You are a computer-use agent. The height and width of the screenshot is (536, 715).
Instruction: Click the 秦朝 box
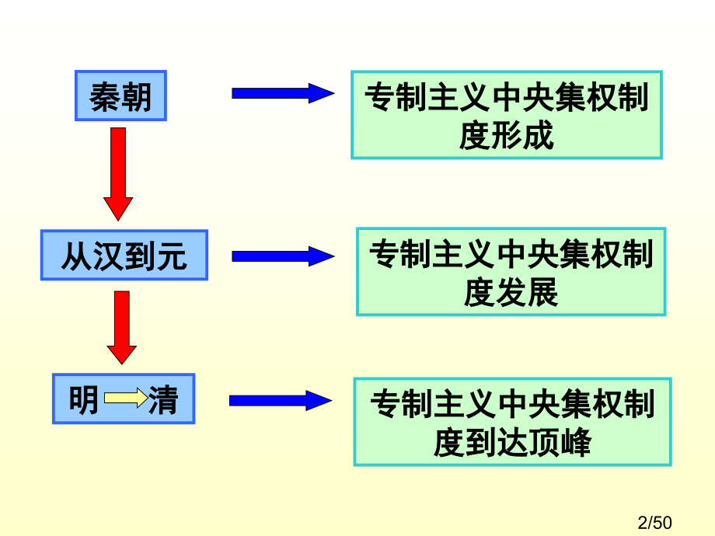point(120,96)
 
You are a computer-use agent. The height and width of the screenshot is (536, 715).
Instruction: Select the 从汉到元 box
point(124,255)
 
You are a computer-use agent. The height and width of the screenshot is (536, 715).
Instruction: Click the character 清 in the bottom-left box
point(164,400)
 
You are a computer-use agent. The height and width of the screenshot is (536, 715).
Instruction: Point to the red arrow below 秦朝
point(118,173)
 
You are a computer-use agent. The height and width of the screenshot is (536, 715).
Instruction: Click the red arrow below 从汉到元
point(121,327)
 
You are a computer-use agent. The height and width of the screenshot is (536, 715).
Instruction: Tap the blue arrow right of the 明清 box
point(281,401)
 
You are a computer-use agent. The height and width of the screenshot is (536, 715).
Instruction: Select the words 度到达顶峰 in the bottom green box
point(512,443)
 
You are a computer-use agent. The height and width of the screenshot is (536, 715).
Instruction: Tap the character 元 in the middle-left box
point(172,255)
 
